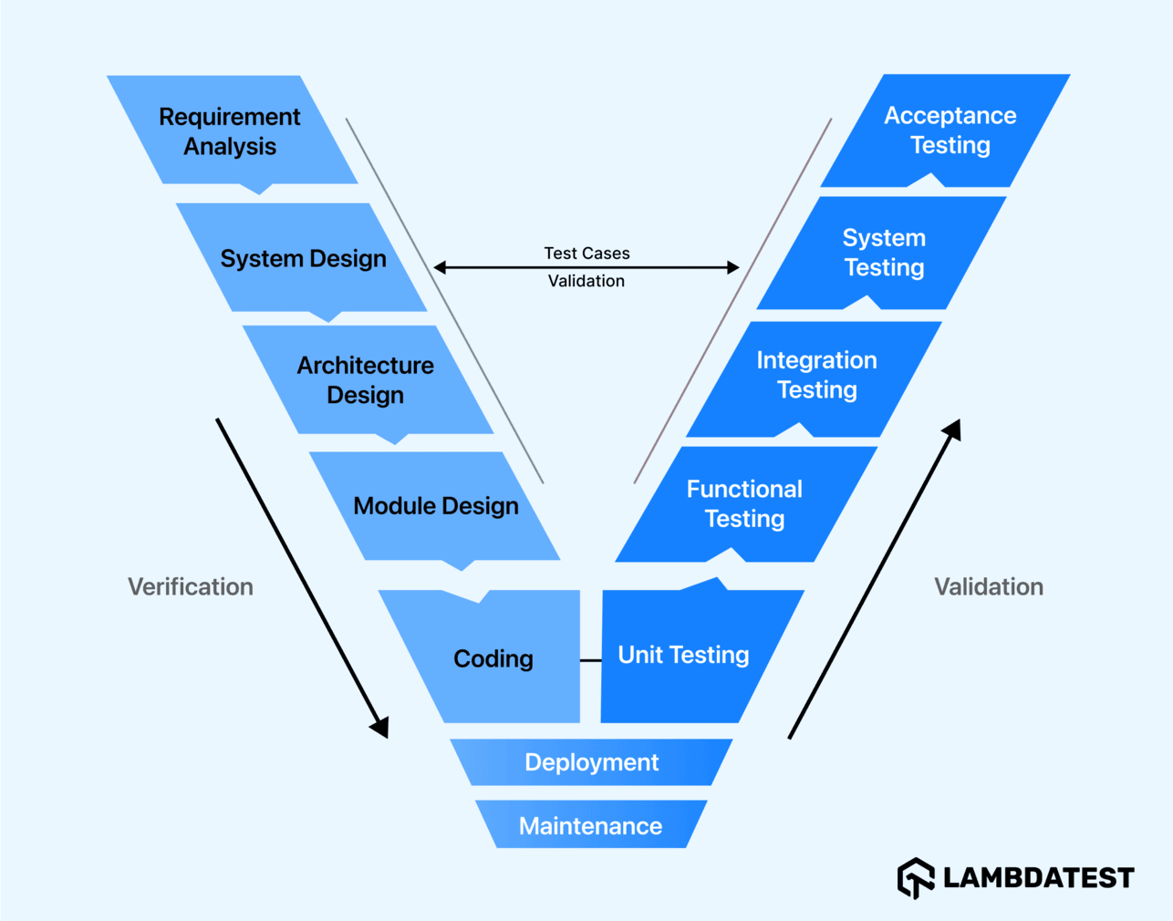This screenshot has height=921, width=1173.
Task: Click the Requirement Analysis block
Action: point(230,131)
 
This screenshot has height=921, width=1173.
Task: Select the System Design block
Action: point(303,259)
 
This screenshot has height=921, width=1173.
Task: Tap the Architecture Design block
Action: point(366,380)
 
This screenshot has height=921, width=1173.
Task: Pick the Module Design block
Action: point(435,506)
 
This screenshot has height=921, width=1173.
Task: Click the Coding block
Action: point(493,658)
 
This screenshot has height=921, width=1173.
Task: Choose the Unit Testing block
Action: point(684,655)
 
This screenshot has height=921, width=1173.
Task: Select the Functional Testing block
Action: point(744,503)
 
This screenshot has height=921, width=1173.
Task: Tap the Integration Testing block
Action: point(816,375)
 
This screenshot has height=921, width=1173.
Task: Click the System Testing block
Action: point(884,253)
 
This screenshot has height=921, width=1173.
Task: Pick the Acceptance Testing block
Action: point(950,130)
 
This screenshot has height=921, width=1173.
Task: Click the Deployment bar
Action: point(591,762)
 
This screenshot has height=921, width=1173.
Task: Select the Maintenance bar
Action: point(590,825)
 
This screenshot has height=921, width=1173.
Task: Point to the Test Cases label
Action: point(586,253)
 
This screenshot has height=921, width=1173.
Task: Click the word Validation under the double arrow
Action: point(586,281)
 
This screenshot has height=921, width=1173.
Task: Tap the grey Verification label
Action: point(191,586)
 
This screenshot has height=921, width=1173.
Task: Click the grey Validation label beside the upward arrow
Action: point(989,586)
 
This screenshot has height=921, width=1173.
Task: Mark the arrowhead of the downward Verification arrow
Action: point(380,726)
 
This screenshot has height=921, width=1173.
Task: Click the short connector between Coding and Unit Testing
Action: point(590,659)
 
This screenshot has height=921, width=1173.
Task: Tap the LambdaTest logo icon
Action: point(916,878)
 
